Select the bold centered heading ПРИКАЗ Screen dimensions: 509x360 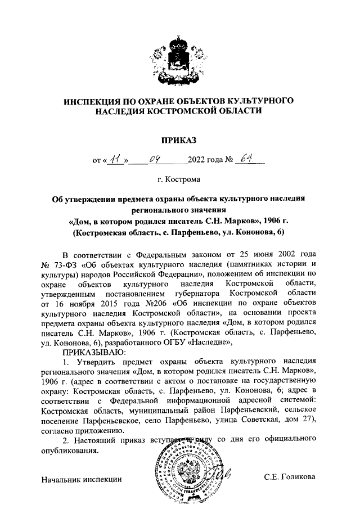[x=179, y=138]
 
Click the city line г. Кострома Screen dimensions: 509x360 [x=179, y=180]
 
